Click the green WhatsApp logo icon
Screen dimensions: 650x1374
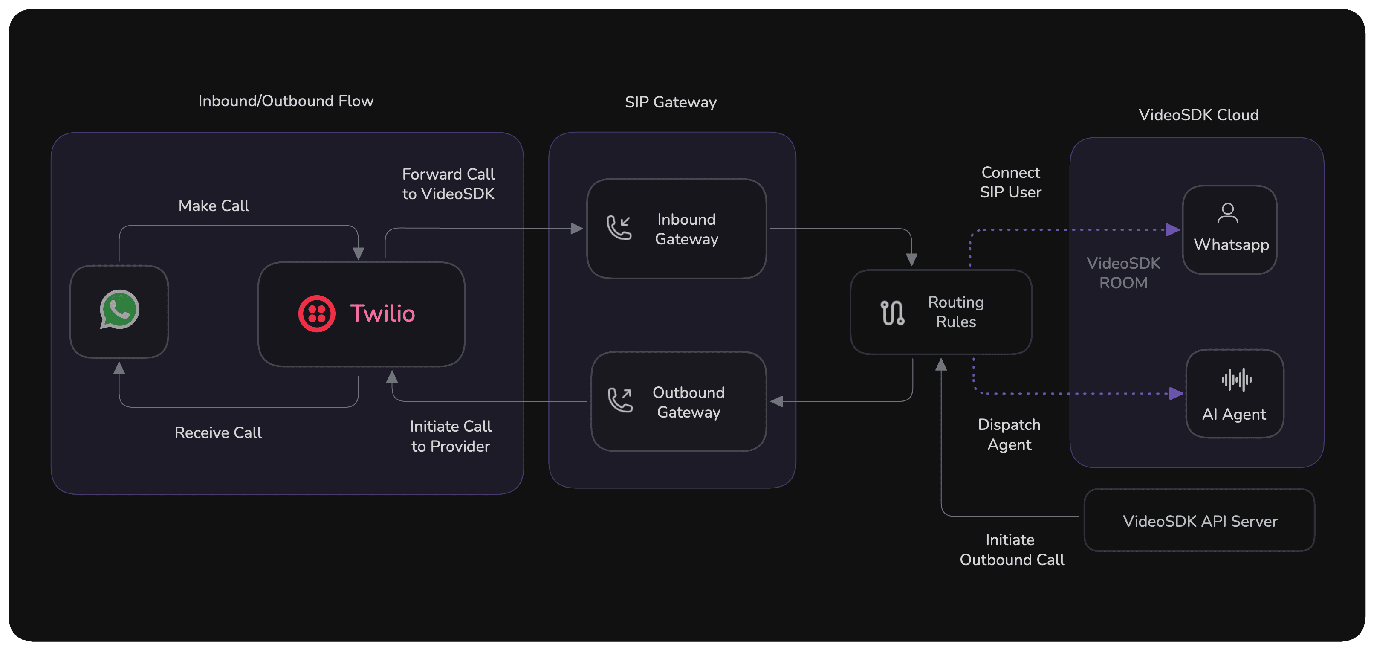[x=119, y=310]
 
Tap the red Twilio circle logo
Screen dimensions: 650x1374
[x=316, y=314]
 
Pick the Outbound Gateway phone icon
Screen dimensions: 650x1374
[x=620, y=400]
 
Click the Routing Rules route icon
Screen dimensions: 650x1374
[x=892, y=312]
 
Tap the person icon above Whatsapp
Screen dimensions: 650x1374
[x=1227, y=213]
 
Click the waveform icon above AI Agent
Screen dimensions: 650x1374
[x=1236, y=380]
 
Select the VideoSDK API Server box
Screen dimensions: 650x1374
[x=1199, y=520]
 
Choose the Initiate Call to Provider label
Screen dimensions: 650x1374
[x=450, y=436]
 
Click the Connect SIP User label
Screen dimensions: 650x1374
[x=1010, y=183]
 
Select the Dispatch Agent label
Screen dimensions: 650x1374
[x=1009, y=435]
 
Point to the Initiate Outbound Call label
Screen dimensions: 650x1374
[x=1011, y=550]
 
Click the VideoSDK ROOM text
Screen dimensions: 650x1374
[x=1123, y=273]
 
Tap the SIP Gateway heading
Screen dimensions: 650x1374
[x=671, y=102]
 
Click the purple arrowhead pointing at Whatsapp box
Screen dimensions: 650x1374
[x=1172, y=230]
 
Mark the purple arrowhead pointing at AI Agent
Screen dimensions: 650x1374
[x=1176, y=394]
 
